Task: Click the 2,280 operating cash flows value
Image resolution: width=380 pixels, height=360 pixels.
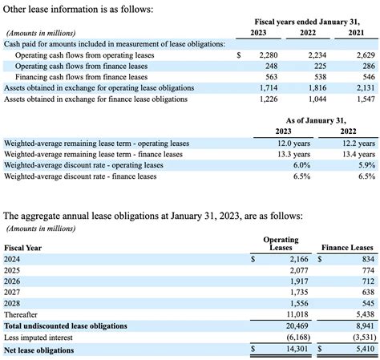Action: [266, 55]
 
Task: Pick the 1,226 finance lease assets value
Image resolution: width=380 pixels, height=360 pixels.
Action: [266, 99]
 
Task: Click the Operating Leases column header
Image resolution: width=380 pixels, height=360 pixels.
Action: [281, 244]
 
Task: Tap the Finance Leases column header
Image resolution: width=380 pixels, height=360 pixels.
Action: [347, 248]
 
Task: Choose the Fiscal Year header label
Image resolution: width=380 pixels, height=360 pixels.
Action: [23, 248]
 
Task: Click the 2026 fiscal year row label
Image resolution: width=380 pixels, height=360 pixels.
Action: [13, 282]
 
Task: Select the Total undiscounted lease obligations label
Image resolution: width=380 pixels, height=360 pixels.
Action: [66, 326]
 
